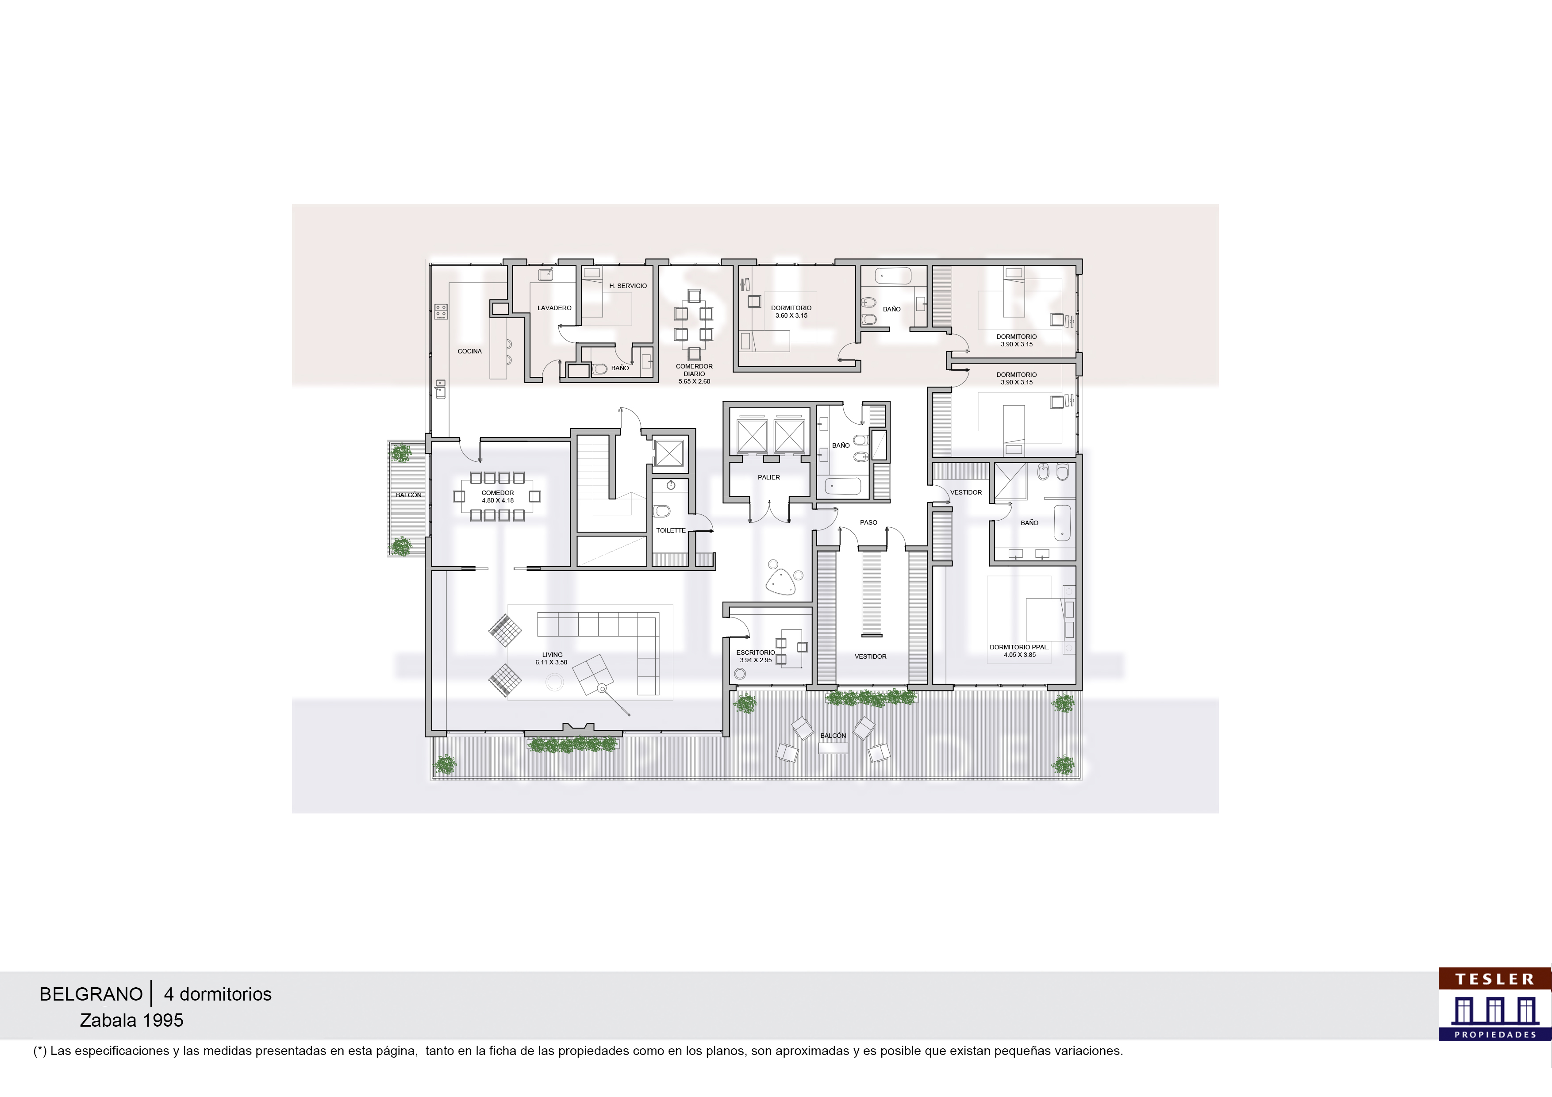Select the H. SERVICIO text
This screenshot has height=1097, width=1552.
pos(628,286)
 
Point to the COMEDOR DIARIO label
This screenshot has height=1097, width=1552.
pos(694,370)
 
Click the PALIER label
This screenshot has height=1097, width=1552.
pos(768,478)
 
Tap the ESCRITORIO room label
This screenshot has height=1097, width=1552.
pos(756,653)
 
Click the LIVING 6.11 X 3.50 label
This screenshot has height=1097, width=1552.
pos(552,658)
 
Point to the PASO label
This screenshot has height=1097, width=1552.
pos(868,522)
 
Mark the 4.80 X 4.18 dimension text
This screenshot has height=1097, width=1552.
pos(498,501)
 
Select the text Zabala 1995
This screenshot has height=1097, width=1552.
pos(132,1020)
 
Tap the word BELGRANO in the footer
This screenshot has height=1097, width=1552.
pos(91,994)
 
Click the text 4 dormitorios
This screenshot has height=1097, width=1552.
pos(218,994)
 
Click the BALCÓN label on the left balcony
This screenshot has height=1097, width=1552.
pos(408,495)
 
